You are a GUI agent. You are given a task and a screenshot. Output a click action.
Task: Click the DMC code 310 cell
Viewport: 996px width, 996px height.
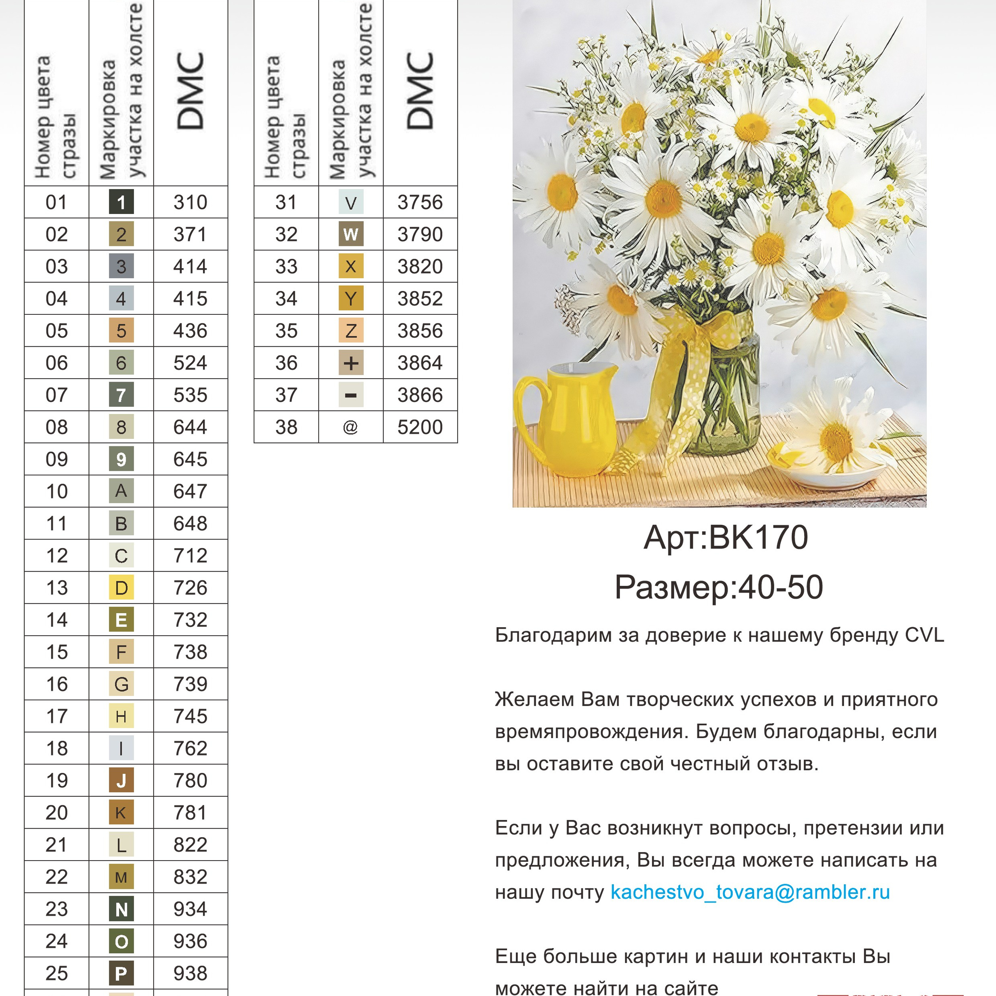190,202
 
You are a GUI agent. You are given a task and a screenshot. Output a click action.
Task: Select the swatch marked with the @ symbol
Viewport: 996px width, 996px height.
351,427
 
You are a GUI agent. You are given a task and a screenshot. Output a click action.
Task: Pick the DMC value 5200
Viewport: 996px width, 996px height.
420,427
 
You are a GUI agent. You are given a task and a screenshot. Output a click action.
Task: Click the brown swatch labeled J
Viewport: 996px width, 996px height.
121,780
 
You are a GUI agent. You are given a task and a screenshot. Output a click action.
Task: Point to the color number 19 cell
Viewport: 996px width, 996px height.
57,780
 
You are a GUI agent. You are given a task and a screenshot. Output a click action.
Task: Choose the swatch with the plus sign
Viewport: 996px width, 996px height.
351,363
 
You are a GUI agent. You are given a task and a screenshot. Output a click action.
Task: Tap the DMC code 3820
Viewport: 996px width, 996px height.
420,267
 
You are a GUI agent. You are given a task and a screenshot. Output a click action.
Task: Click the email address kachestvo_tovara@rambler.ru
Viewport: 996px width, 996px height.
750,892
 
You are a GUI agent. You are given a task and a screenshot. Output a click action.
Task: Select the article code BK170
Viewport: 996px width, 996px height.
758,538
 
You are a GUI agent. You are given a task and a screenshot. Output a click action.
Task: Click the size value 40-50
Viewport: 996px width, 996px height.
780,587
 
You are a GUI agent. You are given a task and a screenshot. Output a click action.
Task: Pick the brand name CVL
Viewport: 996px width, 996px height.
924,635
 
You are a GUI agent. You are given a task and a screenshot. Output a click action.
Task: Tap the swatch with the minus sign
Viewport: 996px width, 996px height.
351,395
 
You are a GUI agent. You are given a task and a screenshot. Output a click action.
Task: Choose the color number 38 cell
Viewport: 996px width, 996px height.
286,427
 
